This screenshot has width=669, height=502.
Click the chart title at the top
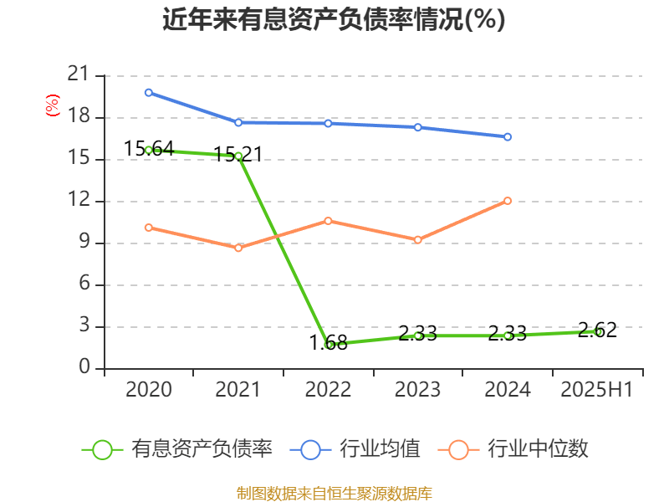click(334, 19)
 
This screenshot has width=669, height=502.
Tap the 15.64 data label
click(149, 149)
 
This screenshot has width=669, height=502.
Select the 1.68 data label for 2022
click(328, 342)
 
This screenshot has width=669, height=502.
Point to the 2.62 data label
click(597, 330)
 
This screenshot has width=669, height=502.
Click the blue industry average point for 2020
click(149, 92)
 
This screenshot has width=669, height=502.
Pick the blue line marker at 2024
click(508, 136)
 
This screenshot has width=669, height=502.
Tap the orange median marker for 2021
click(238, 248)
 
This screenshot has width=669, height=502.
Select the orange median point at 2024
click(508, 201)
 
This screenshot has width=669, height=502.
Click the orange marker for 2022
click(328, 221)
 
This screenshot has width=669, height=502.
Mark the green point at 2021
click(238, 156)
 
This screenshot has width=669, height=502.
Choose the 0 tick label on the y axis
click(85, 368)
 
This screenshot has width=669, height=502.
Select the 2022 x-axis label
click(328, 390)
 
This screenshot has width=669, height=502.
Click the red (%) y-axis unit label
click(53, 105)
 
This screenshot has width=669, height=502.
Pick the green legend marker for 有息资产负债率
click(102, 449)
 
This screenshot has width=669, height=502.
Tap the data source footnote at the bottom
click(334, 493)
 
